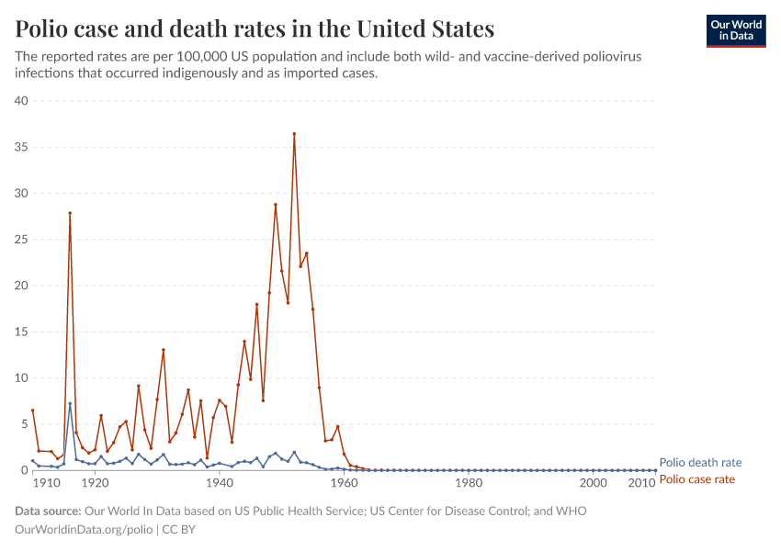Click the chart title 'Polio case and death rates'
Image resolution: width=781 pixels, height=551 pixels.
(255, 29)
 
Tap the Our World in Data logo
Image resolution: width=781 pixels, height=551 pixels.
(735, 30)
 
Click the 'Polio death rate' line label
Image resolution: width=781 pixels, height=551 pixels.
(700, 463)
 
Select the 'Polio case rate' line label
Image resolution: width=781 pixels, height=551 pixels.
(697, 479)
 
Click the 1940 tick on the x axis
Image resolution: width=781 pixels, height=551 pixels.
(219, 483)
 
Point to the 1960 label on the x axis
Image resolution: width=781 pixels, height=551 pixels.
(344, 483)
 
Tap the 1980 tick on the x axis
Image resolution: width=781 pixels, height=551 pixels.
(469, 483)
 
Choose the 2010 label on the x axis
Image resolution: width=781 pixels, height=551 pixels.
(640, 483)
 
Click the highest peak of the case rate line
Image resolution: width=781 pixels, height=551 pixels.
(294, 133)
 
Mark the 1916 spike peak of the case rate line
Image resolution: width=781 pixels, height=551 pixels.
(70, 213)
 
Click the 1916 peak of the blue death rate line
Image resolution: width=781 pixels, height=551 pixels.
(70, 403)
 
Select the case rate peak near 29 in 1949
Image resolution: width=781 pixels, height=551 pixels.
(275, 205)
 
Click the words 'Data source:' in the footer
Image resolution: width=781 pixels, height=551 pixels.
(48, 512)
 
